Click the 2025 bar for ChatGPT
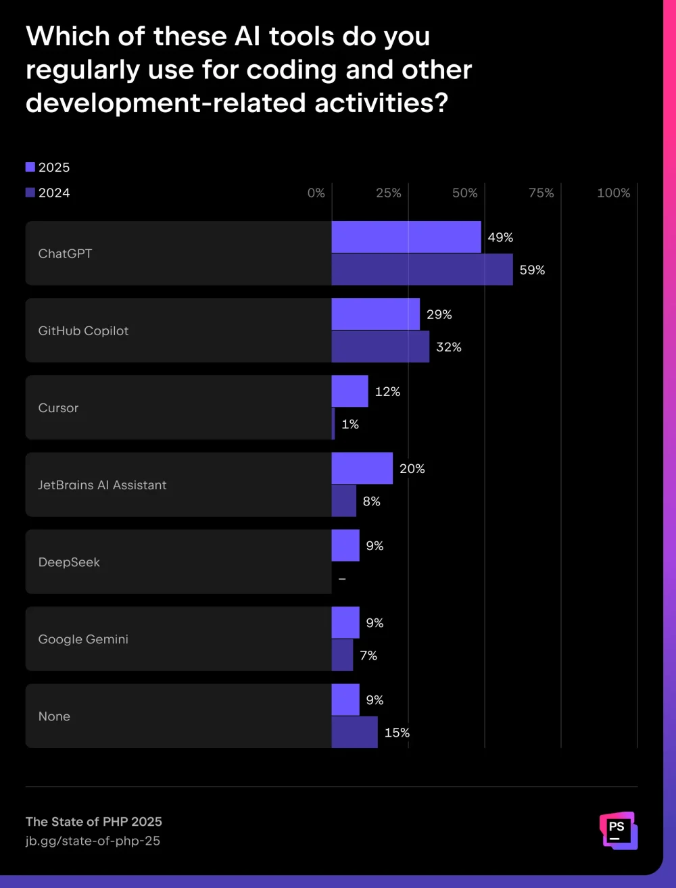406,237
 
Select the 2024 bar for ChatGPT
422,270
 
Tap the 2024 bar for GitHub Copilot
381,347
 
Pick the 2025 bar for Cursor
350,391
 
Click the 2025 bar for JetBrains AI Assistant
362,468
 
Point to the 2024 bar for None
355,733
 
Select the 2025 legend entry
48,168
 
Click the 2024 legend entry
48,193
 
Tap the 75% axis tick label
541,193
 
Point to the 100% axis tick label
613,193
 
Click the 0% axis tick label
316,193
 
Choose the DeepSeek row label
69,562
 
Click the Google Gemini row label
83,639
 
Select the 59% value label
532,270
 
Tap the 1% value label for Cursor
350,424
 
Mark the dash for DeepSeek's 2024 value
342,579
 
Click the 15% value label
397,733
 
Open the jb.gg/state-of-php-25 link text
93,841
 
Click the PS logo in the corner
618,830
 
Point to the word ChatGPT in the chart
65,254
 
